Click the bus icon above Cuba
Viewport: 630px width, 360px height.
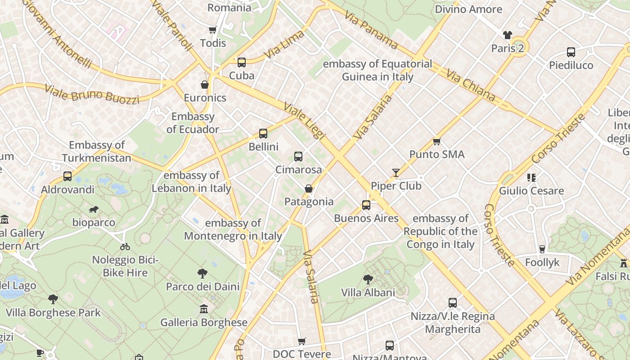tap(242, 63)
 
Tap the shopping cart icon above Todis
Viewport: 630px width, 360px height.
tap(213, 30)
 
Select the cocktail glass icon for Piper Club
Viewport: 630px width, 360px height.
tap(396, 172)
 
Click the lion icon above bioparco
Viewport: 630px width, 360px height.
tap(94, 209)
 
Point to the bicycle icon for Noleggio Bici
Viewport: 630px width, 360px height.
tap(125, 247)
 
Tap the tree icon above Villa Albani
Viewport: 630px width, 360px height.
tap(368, 279)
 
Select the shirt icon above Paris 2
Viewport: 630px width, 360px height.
tap(508, 35)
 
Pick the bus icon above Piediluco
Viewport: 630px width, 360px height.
tap(571, 52)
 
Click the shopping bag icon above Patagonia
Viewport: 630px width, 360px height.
tap(309, 189)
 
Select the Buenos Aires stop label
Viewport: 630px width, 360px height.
tap(366, 218)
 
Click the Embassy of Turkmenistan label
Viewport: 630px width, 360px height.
tap(97, 152)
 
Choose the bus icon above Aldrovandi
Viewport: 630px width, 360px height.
tap(67, 176)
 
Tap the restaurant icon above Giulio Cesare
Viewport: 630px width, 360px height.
tap(531, 178)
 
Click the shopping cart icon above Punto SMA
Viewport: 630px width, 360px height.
tap(436, 142)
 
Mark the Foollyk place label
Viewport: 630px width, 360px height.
tap(542, 262)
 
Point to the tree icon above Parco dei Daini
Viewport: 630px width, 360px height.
tap(202, 273)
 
